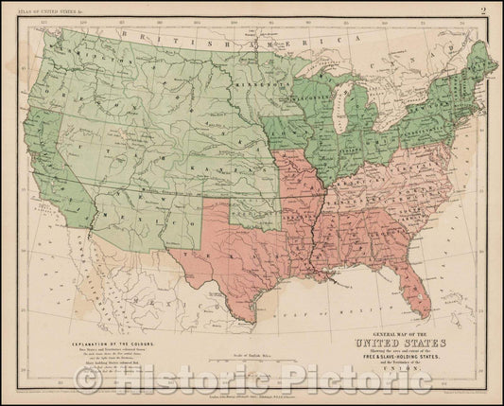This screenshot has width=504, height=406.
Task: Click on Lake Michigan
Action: [x=334, y=107]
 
